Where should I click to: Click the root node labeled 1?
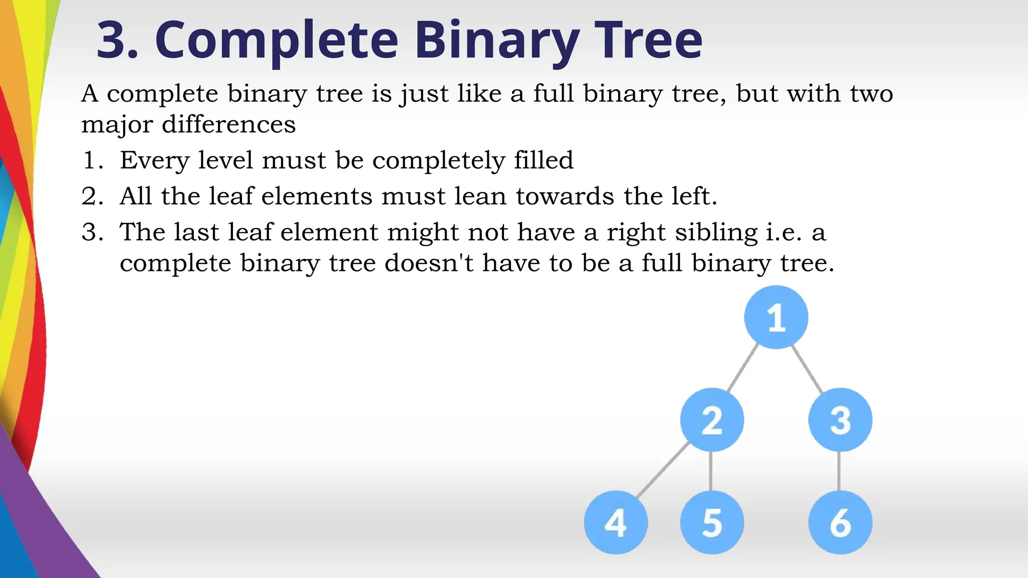(x=776, y=317)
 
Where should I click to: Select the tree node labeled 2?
(x=712, y=420)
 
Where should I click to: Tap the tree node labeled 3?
(x=840, y=420)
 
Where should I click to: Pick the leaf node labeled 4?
(x=616, y=522)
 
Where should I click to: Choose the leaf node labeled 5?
(x=712, y=522)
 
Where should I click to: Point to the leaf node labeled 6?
(x=840, y=522)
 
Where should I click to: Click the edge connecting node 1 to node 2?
(x=743, y=368)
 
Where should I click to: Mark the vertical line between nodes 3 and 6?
(x=839, y=471)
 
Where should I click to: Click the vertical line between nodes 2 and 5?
(x=711, y=471)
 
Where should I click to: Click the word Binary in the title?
(x=496, y=40)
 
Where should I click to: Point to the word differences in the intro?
(x=228, y=124)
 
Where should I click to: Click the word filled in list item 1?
(x=544, y=161)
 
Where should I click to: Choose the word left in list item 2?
(x=693, y=196)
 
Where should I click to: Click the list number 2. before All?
(x=92, y=196)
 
